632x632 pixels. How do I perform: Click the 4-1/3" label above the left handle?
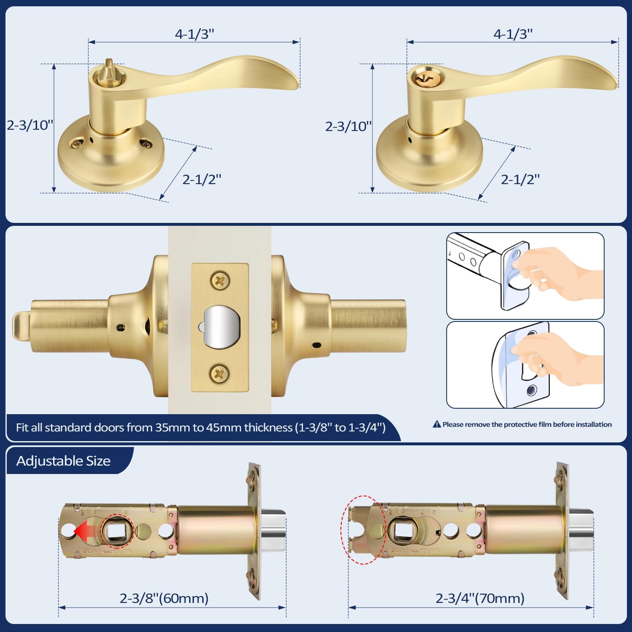194,34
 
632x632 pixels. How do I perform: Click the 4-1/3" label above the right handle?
513,34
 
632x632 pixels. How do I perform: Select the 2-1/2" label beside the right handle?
520,179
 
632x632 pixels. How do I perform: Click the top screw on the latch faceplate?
220,281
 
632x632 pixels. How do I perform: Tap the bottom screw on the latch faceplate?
220,374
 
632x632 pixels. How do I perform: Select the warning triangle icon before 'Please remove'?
437,424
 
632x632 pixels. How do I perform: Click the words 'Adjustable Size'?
63,461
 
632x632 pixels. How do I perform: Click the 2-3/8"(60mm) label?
164,598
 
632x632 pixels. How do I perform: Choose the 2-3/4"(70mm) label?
480,598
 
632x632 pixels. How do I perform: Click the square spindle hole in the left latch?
117,532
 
